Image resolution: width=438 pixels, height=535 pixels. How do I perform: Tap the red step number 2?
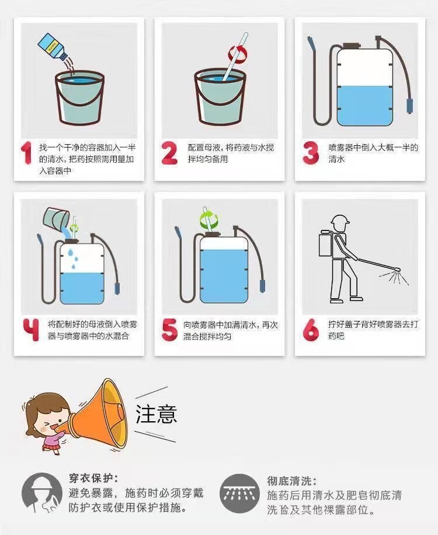[x=169, y=153]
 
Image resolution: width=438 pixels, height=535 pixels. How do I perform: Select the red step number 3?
[x=311, y=153]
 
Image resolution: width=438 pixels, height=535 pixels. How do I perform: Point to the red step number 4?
[x=31, y=329]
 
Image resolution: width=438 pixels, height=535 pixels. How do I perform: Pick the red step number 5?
[x=169, y=329]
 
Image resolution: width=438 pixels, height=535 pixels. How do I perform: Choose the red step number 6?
[x=311, y=329]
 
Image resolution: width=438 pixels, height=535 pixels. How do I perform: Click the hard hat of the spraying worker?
[x=340, y=220]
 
